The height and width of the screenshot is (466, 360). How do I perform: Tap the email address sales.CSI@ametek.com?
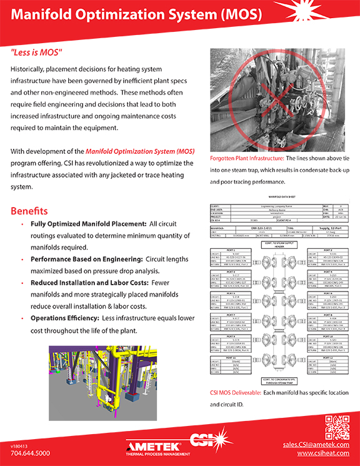(313, 444)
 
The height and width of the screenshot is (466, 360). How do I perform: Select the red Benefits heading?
(29, 211)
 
